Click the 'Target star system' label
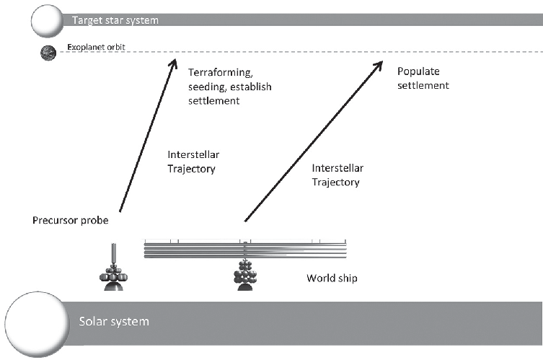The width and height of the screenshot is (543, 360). point(114,20)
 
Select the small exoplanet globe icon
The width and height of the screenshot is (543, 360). point(48,52)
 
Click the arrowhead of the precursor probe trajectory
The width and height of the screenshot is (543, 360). point(173,61)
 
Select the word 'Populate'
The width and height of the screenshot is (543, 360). point(418,71)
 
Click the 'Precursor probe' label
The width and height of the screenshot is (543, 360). point(71,219)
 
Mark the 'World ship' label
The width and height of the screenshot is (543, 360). point(332,277)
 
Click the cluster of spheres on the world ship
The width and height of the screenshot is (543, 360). point(246,273)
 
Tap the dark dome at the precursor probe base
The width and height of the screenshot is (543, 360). point(115,286)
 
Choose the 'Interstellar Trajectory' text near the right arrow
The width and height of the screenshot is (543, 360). point(336,175)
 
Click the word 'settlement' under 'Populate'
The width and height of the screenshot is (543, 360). point(423,85)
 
